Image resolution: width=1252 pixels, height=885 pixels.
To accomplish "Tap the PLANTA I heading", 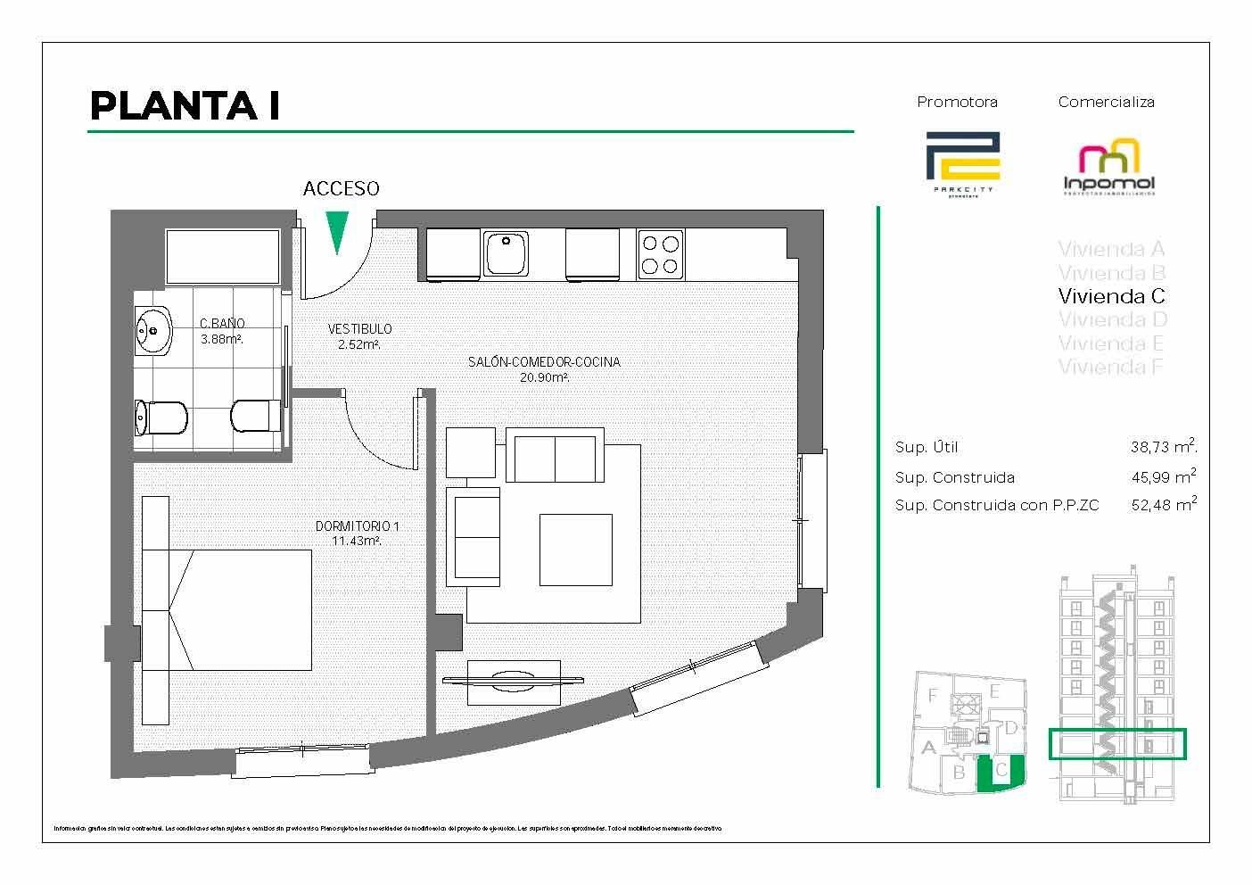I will [185, 106].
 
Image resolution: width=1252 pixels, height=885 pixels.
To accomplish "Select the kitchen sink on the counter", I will [506, 253].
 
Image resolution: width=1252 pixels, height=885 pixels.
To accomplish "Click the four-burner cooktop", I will [660, 253].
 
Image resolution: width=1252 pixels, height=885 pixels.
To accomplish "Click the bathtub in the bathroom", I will [221, 256].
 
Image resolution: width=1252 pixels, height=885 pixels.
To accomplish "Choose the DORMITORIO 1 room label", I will [357, 527].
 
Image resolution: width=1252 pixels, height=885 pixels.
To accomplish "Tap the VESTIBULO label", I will [359, 329].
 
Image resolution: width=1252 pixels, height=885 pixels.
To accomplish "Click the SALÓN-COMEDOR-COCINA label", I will [544, 362].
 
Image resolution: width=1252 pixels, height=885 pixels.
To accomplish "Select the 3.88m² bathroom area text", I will [222, 339].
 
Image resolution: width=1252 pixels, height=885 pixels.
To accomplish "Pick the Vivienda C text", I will [1111, 296].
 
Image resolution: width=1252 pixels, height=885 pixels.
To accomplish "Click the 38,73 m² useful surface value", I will [1163, 448].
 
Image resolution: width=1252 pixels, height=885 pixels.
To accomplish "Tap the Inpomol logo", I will [1109, 169].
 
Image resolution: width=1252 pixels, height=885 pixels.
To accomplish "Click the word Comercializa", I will [1106, 102].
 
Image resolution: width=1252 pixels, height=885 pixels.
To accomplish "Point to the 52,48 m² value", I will [1163, 505].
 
